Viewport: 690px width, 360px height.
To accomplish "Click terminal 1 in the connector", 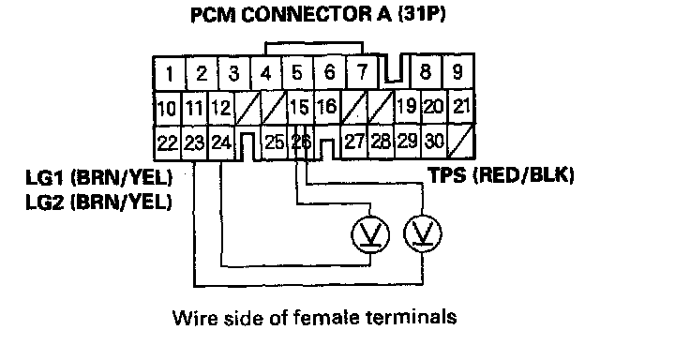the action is [x=170, y=73].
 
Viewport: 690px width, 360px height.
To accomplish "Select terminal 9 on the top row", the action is [x=457, y=72].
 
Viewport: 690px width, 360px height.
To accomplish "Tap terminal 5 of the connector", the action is [x=297, y=73].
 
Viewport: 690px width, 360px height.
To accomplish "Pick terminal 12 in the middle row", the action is [x=221, y=108].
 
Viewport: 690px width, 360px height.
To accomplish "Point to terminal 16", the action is [x=326, y=108].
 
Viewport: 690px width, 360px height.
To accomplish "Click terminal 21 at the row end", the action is [x=460, y=107].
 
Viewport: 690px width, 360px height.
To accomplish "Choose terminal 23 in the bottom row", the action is [x=194, y=142].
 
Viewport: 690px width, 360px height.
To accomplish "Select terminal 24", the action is [x=221, y=142].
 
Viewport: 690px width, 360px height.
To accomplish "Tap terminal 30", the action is [x=434, y=142].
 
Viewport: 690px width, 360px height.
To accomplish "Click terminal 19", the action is [x=407, y=107].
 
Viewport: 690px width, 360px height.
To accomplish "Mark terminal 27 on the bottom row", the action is [x=354, y=142].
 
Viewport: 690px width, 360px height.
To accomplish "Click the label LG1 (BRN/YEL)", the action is [x=99, y=177].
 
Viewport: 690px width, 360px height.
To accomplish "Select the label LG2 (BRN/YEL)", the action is [x=99, y=202].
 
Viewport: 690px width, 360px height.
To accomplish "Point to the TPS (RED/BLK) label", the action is [x=502, y=175].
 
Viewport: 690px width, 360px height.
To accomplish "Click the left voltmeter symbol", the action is [x=370, y=233].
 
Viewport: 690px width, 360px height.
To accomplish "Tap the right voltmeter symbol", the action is [x=423, y=233].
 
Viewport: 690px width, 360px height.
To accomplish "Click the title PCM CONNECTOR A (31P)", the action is [x=318, y=14].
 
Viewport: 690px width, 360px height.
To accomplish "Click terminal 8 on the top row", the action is [x=426, y=72].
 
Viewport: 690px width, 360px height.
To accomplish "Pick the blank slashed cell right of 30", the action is [x=460, y=142].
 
